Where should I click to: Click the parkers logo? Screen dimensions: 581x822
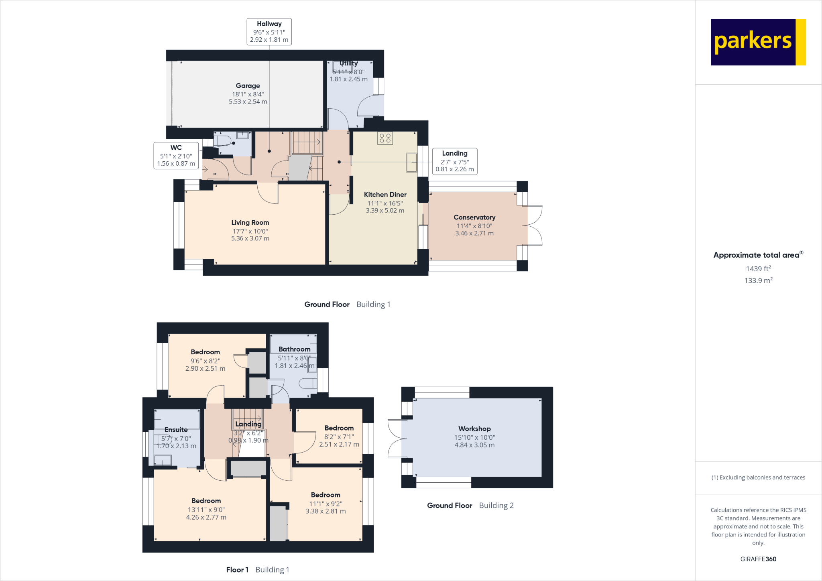(758, 42)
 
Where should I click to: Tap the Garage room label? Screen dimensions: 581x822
(248, 85)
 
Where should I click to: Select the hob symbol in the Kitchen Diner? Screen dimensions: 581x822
(385, 138)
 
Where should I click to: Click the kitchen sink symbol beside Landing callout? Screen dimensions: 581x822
(411, 163)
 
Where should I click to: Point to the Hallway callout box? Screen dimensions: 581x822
(269, 31)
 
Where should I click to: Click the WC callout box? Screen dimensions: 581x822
(176, 155)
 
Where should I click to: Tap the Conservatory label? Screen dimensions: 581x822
(474, 217)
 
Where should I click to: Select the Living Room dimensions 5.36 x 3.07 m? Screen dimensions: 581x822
(250, 238)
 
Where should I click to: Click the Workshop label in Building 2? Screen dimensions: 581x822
(474, 429)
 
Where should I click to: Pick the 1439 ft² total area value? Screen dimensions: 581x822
(758, 268)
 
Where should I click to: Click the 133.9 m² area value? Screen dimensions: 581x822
(758, 280)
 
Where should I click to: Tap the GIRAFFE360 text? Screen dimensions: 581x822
(758, 559)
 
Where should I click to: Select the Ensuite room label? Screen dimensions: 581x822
(176, 430)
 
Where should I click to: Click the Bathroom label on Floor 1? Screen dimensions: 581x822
(294, 349)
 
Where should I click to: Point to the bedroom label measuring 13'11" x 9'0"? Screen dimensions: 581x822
(206, 501)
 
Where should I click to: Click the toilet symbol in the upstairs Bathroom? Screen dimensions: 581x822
(308, 384)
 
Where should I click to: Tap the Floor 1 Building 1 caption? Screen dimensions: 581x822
(257, 570)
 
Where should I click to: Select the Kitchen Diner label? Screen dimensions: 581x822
(385, 195)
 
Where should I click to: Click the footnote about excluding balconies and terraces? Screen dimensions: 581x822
(758, 477)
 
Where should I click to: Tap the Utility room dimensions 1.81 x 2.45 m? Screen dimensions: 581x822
(348, 79)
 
